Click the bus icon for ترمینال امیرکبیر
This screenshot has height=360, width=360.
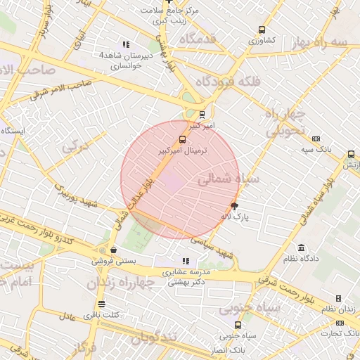click(183, 139)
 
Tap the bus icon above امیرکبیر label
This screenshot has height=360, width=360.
click(202, 114)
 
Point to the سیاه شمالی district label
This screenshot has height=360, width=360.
click(228, 180)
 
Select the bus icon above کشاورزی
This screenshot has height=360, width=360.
click(262, 30)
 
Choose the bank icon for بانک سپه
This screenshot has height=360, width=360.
click(316, 139)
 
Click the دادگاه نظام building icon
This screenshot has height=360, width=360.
click(302, 247)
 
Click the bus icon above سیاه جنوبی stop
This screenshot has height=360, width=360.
click(238, 325)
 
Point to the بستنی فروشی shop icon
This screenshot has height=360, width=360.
click(113, 250)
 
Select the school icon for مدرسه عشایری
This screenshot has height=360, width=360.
click(186, 262)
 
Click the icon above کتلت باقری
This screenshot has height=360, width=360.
click(103, 304)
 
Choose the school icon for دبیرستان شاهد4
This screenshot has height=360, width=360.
click(126, 44)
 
